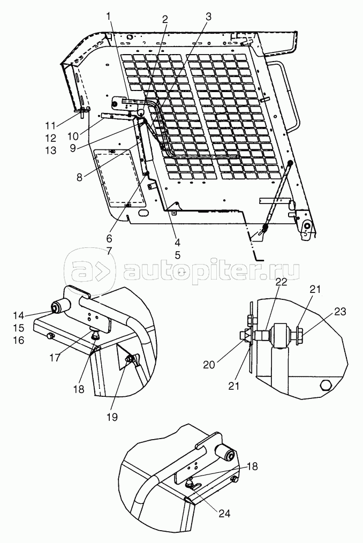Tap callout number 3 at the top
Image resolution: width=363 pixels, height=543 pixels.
[x=208, y=17]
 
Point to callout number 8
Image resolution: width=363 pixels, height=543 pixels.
[x=80, y=178]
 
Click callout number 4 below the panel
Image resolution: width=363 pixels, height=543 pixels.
[x=177, y=242]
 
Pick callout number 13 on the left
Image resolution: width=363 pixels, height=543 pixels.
[x=50, y=150]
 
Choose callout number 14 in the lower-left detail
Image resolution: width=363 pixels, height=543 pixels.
[x=19, y=315]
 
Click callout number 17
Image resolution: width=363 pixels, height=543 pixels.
[x=55, y=357]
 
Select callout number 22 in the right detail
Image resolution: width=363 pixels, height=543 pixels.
[x=281, y=282]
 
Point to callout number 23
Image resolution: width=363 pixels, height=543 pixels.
[x=340, y=312]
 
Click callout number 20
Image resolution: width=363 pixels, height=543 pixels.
[x=209, y=365]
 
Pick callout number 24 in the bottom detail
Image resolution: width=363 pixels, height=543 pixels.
[x=224, y=513]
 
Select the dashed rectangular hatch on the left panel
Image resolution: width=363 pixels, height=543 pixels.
[x=120, y=177]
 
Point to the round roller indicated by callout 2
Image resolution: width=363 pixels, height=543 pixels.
[x=141, y=112]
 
